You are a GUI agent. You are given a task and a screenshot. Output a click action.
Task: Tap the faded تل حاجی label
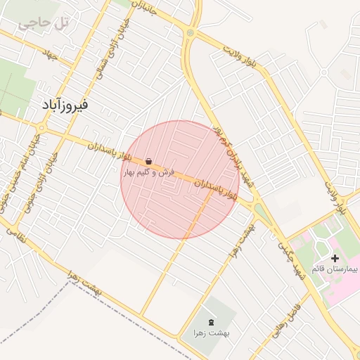(44, 22)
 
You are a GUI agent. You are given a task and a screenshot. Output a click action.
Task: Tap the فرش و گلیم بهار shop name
(148, 172)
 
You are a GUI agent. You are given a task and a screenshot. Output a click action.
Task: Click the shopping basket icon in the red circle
(149, 161)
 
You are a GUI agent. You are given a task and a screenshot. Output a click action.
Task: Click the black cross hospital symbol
(335, 259)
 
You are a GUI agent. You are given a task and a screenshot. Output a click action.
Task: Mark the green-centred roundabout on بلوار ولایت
(190, 32)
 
